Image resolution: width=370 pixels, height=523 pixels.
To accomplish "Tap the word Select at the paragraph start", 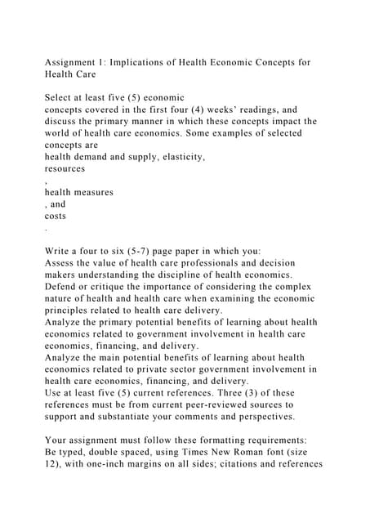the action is pyautogui.click(x=60, y=97).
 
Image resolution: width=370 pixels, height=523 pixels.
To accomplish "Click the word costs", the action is pyautogui.click(x=55, y=216).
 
